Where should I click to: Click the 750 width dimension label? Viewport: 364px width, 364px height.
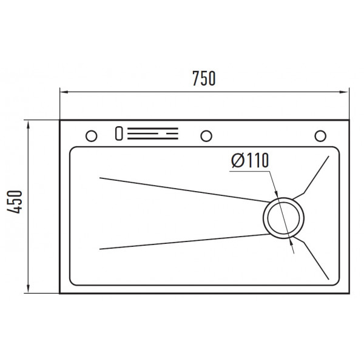click(x=204, y=78)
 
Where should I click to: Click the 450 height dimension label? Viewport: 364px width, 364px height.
click(x=15, y=202)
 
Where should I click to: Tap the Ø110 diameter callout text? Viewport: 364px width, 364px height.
click(x=250, y=160)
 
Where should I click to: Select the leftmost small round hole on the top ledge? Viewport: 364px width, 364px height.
click(x=91, y=136)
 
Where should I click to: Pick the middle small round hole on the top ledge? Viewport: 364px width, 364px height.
click(x=206, y=136)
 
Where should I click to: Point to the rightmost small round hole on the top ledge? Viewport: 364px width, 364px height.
click(x=320, y=136)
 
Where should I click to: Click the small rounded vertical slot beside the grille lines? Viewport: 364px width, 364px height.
click(x=119, y=133)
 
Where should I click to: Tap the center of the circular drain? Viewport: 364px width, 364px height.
click(x=283, y=218)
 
